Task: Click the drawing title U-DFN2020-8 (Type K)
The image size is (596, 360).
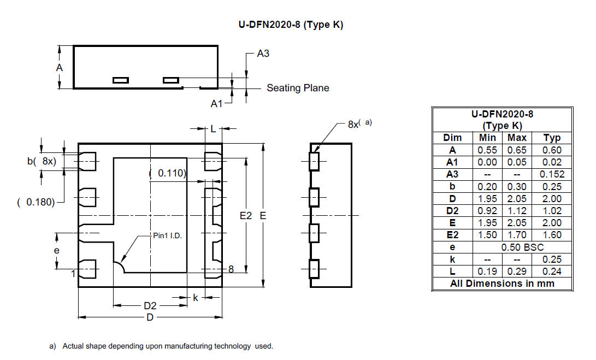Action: click(x=291, y=25)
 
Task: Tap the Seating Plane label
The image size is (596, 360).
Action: click(x=298, y=88)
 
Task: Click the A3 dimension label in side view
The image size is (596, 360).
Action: click(x=263, y=54)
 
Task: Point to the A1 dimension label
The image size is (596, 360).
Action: click(x=216, y=103)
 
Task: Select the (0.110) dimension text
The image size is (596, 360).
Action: click(x=168, y=173)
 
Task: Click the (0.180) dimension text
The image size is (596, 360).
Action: click(x=36, y=202)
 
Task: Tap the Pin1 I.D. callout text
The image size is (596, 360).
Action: click(x=168, y=235)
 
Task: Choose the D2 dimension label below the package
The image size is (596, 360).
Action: click(x=150, y=305)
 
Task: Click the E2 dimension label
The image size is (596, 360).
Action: click(x=245, y=216)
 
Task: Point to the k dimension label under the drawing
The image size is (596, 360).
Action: click(x=196, y=297)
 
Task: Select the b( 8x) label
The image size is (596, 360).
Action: click(x=42, y=161)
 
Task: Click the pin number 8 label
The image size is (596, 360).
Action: click(x=231, y=269)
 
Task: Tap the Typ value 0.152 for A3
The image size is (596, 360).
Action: click(x=552, y=174)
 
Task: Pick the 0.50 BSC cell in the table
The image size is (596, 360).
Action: click(x=522, y=247)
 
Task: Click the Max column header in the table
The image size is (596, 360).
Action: click(x=517, y=138)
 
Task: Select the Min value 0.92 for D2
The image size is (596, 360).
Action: click(x=487, y=211)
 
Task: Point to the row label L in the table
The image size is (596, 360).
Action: click(x=452, y=272)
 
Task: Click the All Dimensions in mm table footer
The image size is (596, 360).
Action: click(x=502, y=284)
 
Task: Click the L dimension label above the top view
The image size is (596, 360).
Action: click(x=213, y=129)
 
